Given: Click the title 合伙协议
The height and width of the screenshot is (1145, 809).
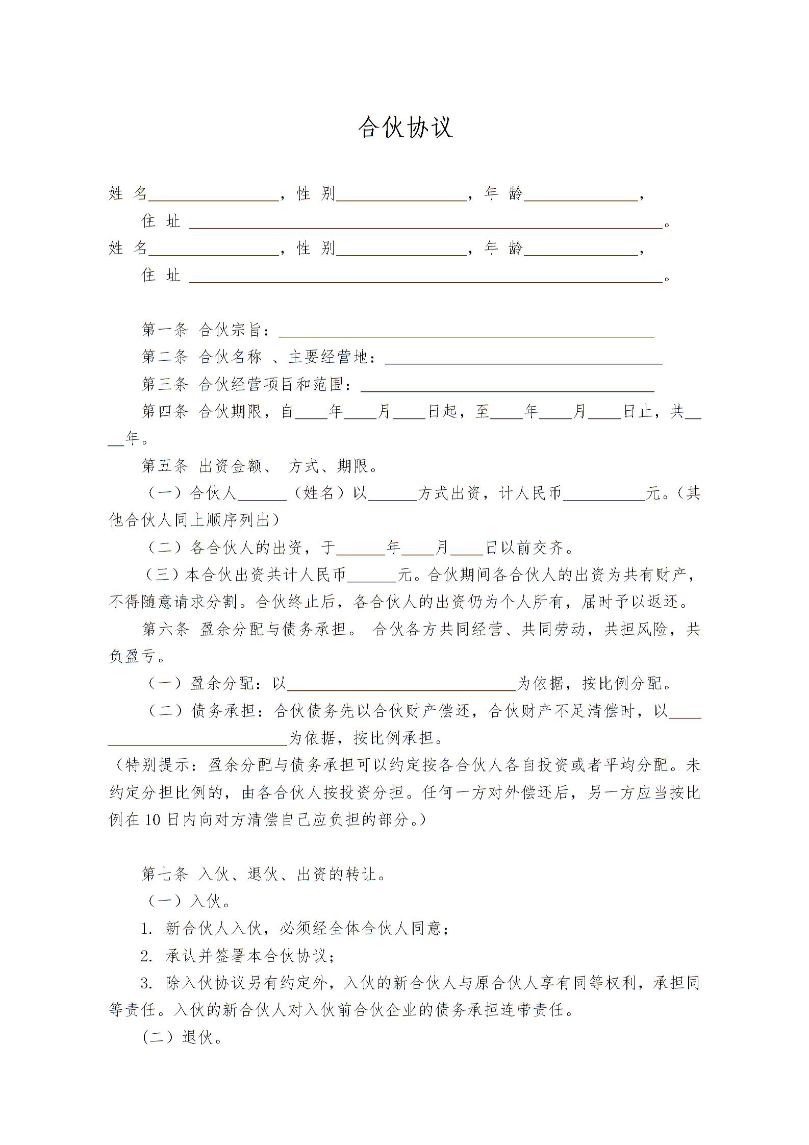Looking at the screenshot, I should pos(405,128).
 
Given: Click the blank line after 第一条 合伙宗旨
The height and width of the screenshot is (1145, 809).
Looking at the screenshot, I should pos(466,332).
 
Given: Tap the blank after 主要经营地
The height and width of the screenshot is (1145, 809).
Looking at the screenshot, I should pos(523,359).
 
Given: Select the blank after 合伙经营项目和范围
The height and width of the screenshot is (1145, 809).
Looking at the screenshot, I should pos(507,386).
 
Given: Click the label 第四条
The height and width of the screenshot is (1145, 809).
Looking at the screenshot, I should pos(165,411).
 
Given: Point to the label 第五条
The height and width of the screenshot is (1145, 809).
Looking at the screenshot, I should pos(165,466).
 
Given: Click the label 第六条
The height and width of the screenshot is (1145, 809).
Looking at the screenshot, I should pos(165,629).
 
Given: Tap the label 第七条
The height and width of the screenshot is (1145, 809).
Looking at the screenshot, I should pos(165,874).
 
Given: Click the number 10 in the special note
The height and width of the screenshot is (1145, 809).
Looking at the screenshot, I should pos(153,820).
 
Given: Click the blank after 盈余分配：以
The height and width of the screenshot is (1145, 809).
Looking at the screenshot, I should pos(402,684).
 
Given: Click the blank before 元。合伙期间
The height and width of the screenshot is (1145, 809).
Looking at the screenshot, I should pos(372,576).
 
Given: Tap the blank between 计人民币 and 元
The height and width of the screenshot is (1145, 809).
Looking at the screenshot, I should pos(604,494).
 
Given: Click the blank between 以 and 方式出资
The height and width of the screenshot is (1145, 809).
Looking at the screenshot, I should pos(392,494).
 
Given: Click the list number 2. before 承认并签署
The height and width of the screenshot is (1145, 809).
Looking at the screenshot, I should pos(147,956).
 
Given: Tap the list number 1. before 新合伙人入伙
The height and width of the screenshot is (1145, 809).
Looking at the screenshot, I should pos(147,929).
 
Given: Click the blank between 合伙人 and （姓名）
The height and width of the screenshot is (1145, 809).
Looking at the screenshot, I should pos(262,494).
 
